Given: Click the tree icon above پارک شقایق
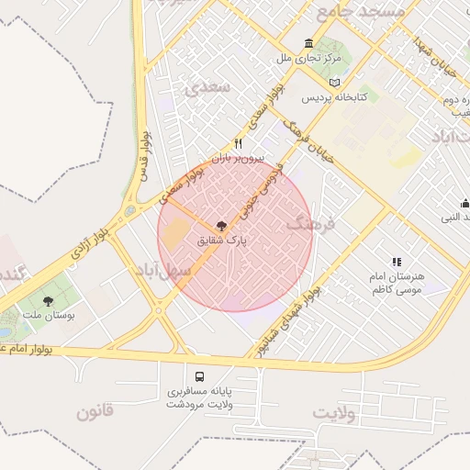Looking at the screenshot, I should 220,225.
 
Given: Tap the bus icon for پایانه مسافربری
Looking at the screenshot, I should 200,376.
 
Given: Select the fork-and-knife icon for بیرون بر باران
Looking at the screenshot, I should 239,143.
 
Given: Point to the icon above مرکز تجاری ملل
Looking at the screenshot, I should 308,44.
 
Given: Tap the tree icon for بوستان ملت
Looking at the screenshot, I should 48,300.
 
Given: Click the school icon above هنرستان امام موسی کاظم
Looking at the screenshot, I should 397,262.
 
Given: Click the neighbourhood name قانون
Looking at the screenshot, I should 95,411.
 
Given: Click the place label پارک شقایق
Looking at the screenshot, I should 221,242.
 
